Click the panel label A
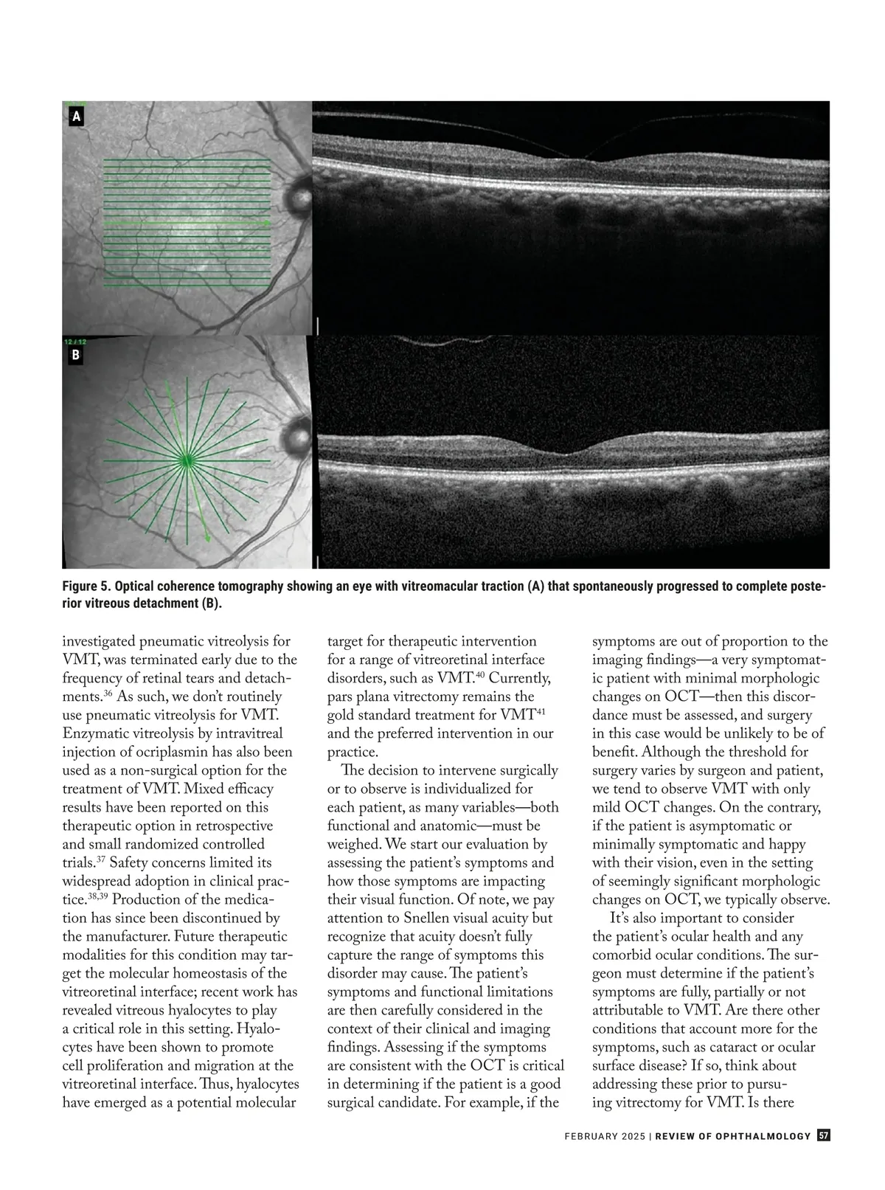tap(76, 117)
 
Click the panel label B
tap(76, 356)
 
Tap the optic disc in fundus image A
tap(300, 193)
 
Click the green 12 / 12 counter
tap(75, 342)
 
